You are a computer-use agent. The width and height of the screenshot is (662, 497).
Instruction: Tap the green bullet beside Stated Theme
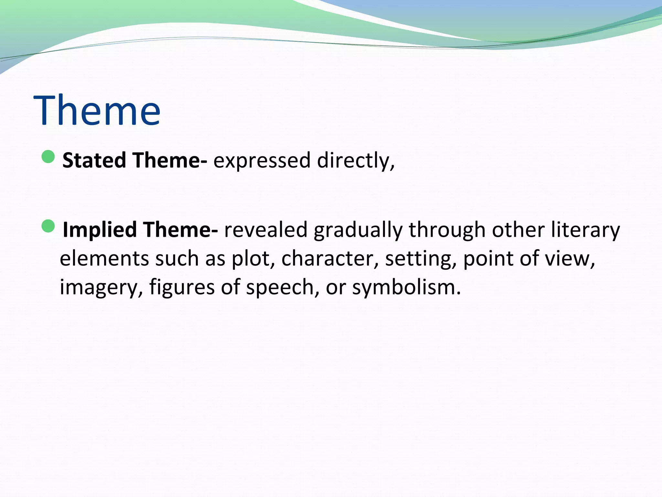point(48,157)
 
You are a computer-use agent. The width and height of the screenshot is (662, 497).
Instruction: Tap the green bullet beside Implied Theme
point(48,226)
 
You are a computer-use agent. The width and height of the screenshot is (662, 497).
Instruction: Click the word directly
point(356,161)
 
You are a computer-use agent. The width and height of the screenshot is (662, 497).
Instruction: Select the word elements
point(104,259)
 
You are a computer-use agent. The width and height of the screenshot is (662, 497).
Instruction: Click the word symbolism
point(406,288)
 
